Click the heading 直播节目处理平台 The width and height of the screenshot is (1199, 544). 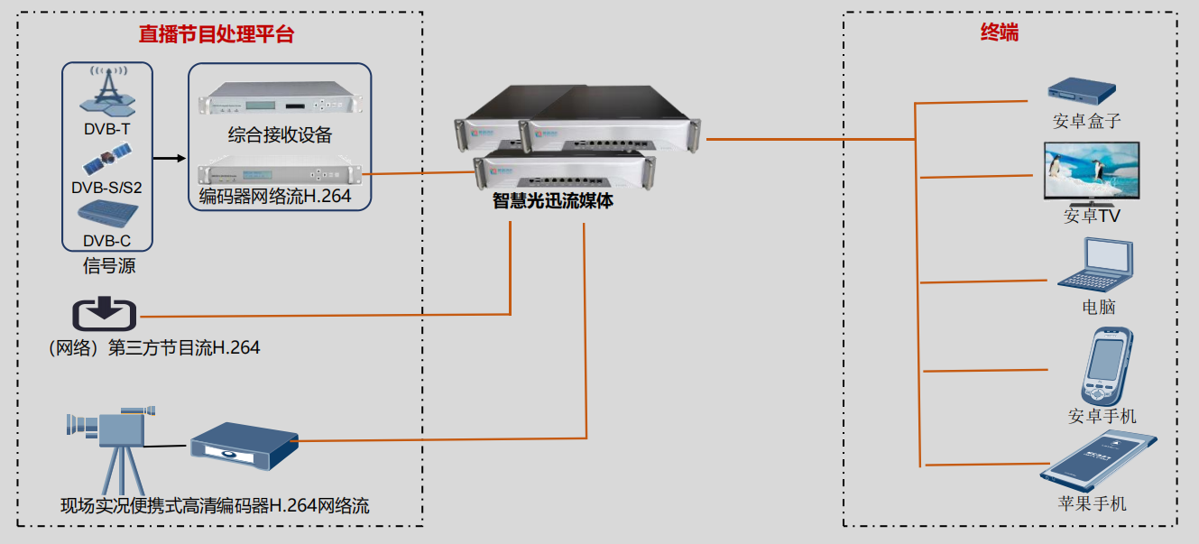[x=217, y=34]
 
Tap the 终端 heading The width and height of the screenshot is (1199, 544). [x=1000, y=33]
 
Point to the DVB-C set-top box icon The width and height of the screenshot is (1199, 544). [x=107, y=216]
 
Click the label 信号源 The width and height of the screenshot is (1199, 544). [x=108, y=266]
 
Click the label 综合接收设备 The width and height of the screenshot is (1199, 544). [x=280, y=135]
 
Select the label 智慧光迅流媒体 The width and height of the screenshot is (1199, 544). [x=552, y=201]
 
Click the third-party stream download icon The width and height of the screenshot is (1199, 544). [x=104, y=313]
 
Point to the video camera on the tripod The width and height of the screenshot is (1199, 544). [x=109, y=442]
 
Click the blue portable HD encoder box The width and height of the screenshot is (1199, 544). [x=244, y=447]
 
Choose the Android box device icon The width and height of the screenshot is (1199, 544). [x=1081, y=89]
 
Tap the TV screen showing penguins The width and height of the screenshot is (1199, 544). [x=1090, y=171]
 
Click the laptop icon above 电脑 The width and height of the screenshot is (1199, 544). [x=1096, y=263]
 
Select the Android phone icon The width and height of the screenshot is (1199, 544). [x=1107, y=366]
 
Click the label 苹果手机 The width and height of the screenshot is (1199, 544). [x=1092, y=503]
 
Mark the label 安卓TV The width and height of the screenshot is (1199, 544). [x=1092, y=217]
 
